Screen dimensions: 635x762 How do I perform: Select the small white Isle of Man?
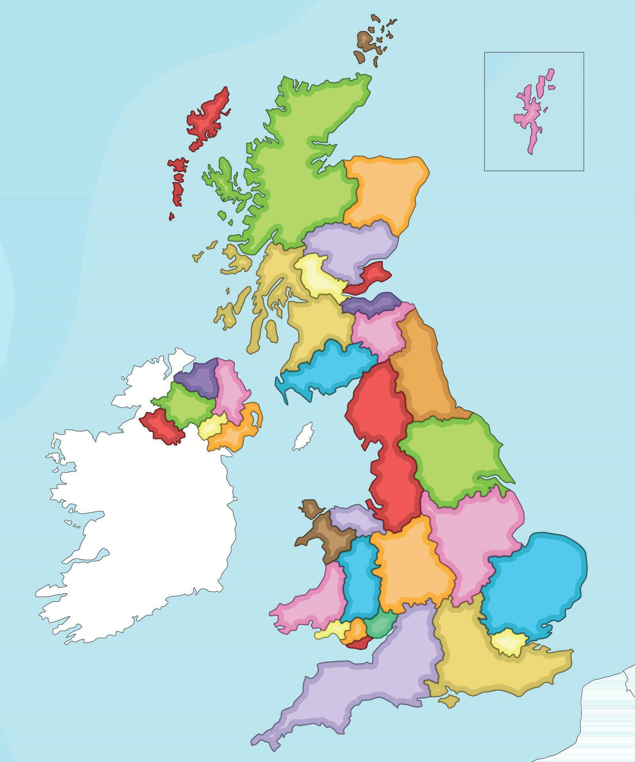(303, 437)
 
